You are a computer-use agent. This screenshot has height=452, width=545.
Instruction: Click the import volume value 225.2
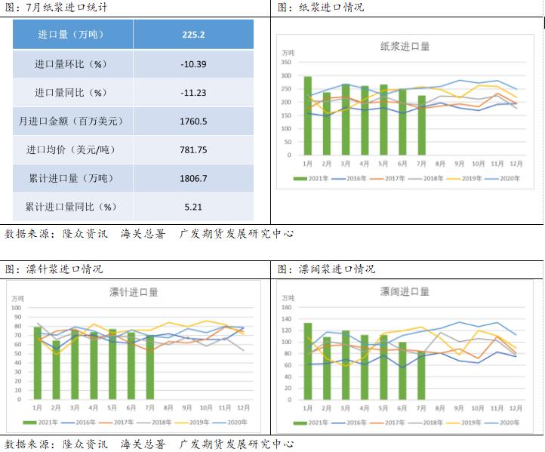tap(193, 35)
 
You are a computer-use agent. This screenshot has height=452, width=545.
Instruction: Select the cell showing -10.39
tap(193, 64)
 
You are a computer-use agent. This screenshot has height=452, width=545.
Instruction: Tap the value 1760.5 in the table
tap(193, 121)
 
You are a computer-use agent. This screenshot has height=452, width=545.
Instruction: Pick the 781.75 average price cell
tap(193, 149)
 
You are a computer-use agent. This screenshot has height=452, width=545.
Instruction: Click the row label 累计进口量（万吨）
tap(72, 178)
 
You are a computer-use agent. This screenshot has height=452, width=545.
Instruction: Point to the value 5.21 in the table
tap(193, 206)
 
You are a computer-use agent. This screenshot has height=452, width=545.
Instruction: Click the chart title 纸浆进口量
tap(405, 47)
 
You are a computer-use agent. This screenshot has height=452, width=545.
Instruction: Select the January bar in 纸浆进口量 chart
tap(308, 115)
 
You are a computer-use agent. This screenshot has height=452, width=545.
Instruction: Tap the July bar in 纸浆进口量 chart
tap(422, 125)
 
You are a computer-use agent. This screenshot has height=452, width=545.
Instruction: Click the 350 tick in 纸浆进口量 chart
tap(287, 63)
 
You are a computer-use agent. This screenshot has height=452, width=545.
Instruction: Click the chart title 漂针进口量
tap(134, 292)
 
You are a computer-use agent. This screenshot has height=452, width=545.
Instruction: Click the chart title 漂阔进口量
tap(405, 292)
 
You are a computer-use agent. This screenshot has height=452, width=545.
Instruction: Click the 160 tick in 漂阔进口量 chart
tap(287, 308)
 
